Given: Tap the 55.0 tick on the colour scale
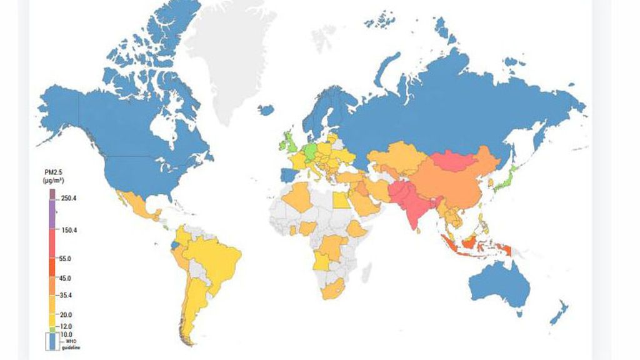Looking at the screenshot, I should pos(64,258).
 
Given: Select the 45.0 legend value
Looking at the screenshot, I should pos(64,277).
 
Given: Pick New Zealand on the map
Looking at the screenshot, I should pos(558,312).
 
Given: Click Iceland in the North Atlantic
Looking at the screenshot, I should pos(266,111).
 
